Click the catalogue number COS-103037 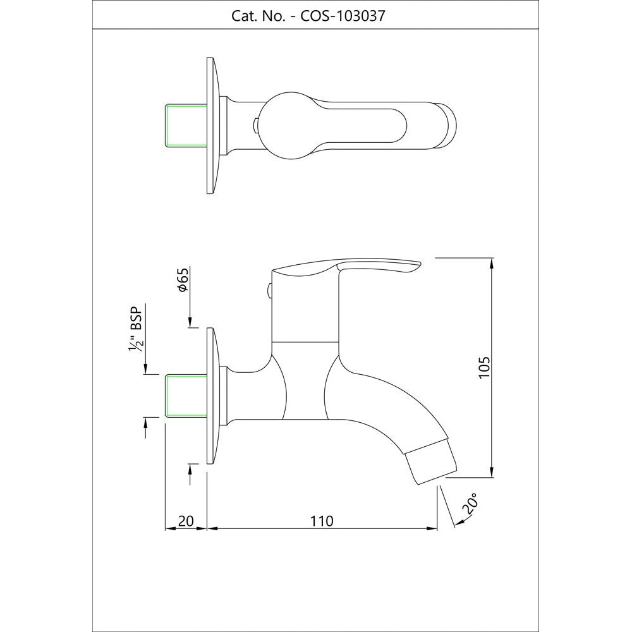coord(343,16)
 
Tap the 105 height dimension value coord(484,367)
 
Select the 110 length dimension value coord(322,521)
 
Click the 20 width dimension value coord(186,521)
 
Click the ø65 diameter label coord(182,279)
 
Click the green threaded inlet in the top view coord(186,125)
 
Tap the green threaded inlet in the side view coord(186,396)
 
